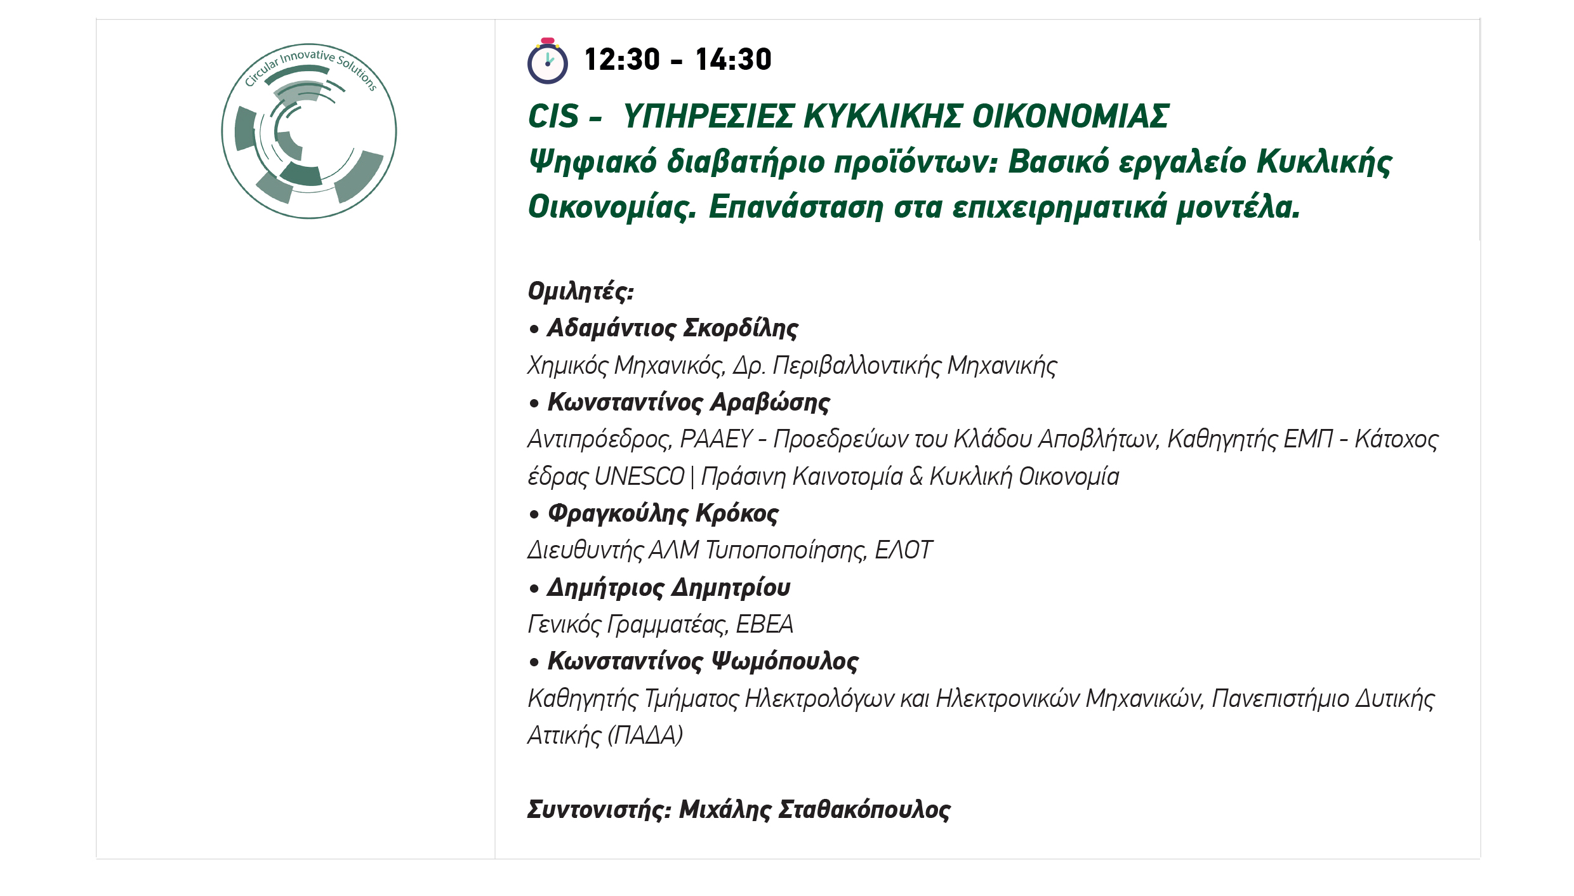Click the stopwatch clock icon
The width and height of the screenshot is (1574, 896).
coord(547,61)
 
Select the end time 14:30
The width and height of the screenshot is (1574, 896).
coord(733,60)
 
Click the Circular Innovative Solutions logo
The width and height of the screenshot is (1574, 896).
coord(309,131)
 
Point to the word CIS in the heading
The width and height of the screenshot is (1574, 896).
coord(553,117)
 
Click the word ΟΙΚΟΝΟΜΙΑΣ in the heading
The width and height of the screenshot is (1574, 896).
coord(1071,117)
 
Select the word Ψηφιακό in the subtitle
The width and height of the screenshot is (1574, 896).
coord(593,162)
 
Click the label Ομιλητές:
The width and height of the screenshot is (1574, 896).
coord(581,291)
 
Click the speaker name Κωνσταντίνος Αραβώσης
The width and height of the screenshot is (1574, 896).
coord(689,402)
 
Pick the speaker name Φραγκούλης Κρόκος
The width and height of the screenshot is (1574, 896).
coord(663,513)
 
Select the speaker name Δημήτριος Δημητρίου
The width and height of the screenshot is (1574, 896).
coord(669,588)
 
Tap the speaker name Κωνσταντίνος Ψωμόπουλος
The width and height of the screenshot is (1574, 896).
coord(703,661)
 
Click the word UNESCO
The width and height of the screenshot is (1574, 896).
coord(640,477)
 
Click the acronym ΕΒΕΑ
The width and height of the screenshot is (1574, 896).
coord(764,624)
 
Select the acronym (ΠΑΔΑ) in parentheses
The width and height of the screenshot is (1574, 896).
coord(645,735)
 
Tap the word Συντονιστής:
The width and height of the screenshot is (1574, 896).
coord(599,810)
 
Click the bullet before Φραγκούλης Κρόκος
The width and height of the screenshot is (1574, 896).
coord(534,514)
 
